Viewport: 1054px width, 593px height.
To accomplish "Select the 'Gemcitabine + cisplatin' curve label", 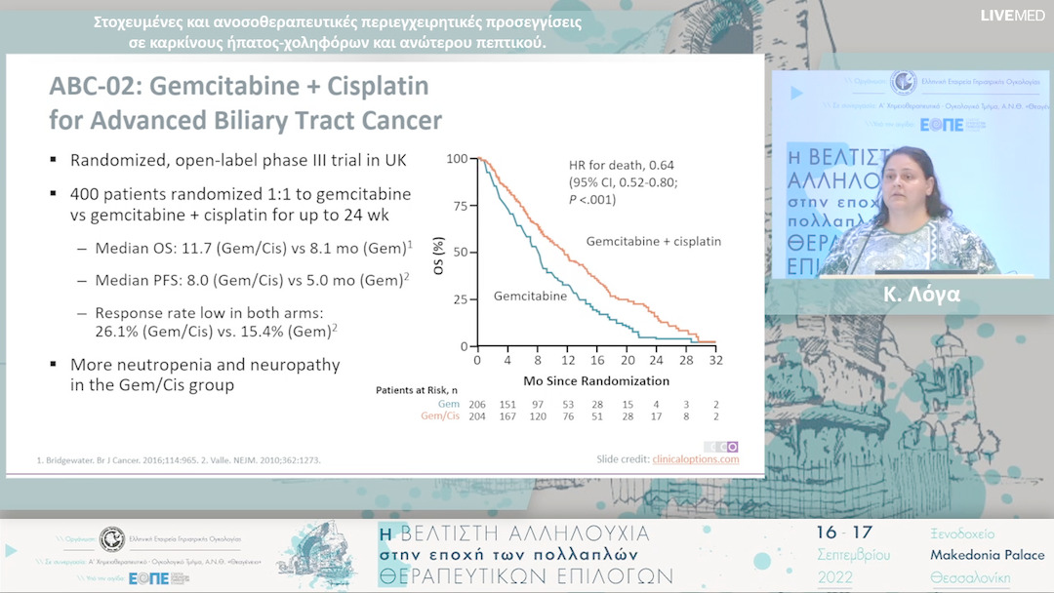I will click(653, 240).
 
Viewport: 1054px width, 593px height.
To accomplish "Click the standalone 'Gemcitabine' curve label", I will click(530, 296).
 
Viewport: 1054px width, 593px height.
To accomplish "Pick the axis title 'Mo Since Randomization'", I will click(596, 380).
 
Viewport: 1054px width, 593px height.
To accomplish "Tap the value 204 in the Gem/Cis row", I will click(477, 417).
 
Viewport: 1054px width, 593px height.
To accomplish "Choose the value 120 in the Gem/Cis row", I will click(537, 417).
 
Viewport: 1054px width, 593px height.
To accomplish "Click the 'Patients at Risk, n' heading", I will click(418, 390).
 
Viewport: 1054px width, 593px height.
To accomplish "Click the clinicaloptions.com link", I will click(695, 458).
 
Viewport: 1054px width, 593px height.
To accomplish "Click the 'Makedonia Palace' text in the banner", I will click(987, 555).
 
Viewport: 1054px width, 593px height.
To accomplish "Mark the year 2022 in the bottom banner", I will click(838, 577).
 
